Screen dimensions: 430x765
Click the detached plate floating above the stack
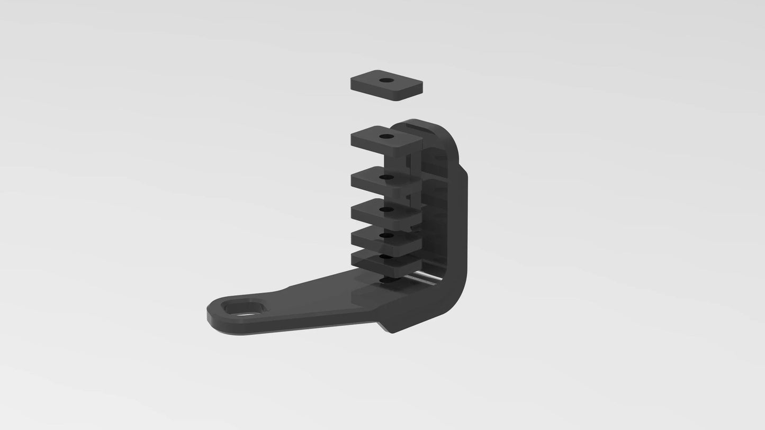click(371, 87)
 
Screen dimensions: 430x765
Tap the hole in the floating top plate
click(386, 80)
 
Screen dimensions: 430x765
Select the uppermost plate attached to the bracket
click(371, 141)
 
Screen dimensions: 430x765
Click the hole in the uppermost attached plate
click(386, 136)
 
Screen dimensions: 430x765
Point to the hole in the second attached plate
click(386, 177)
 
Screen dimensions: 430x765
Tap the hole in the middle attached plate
click(386, 209)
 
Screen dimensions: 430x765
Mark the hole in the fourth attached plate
click(386, 236)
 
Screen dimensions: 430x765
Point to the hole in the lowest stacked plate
click(386, 257)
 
